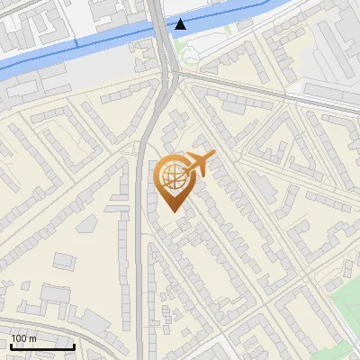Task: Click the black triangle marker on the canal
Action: click(182, 24)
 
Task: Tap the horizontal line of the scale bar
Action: click(42, 346)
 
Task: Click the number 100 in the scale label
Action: click(18, 338)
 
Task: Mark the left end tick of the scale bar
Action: click(10, 344)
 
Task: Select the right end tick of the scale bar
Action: click(75, 344)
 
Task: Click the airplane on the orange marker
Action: click(199, 164)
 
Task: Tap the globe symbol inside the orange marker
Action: click(173, 176)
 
